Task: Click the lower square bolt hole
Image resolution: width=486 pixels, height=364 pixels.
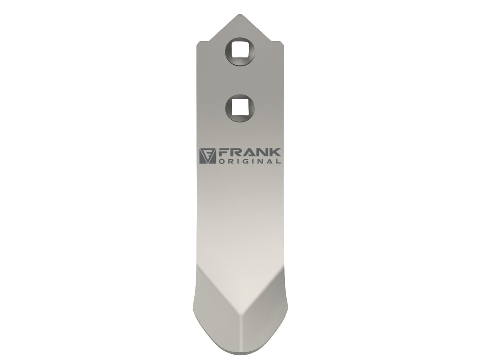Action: point(240,108)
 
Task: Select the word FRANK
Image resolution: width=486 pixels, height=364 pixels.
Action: point(250,153)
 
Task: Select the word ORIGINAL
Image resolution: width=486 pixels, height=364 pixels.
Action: point(250,161)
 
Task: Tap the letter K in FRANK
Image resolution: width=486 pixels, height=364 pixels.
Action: point(275,153)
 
